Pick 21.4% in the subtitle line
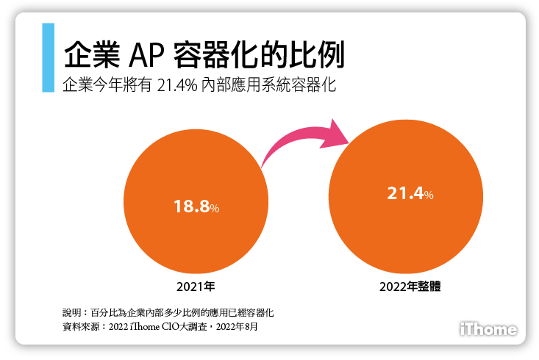[176, 84]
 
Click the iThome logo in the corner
[488, 329]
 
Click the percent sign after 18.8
[215, 209]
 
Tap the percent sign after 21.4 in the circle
[429, 195]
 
